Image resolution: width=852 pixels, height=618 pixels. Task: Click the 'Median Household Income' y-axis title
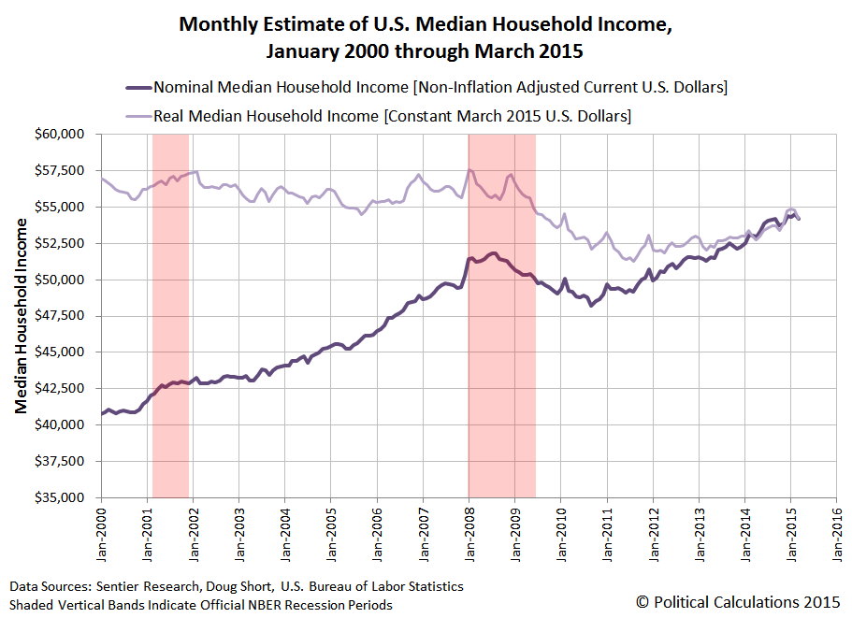tap(22, 316)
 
